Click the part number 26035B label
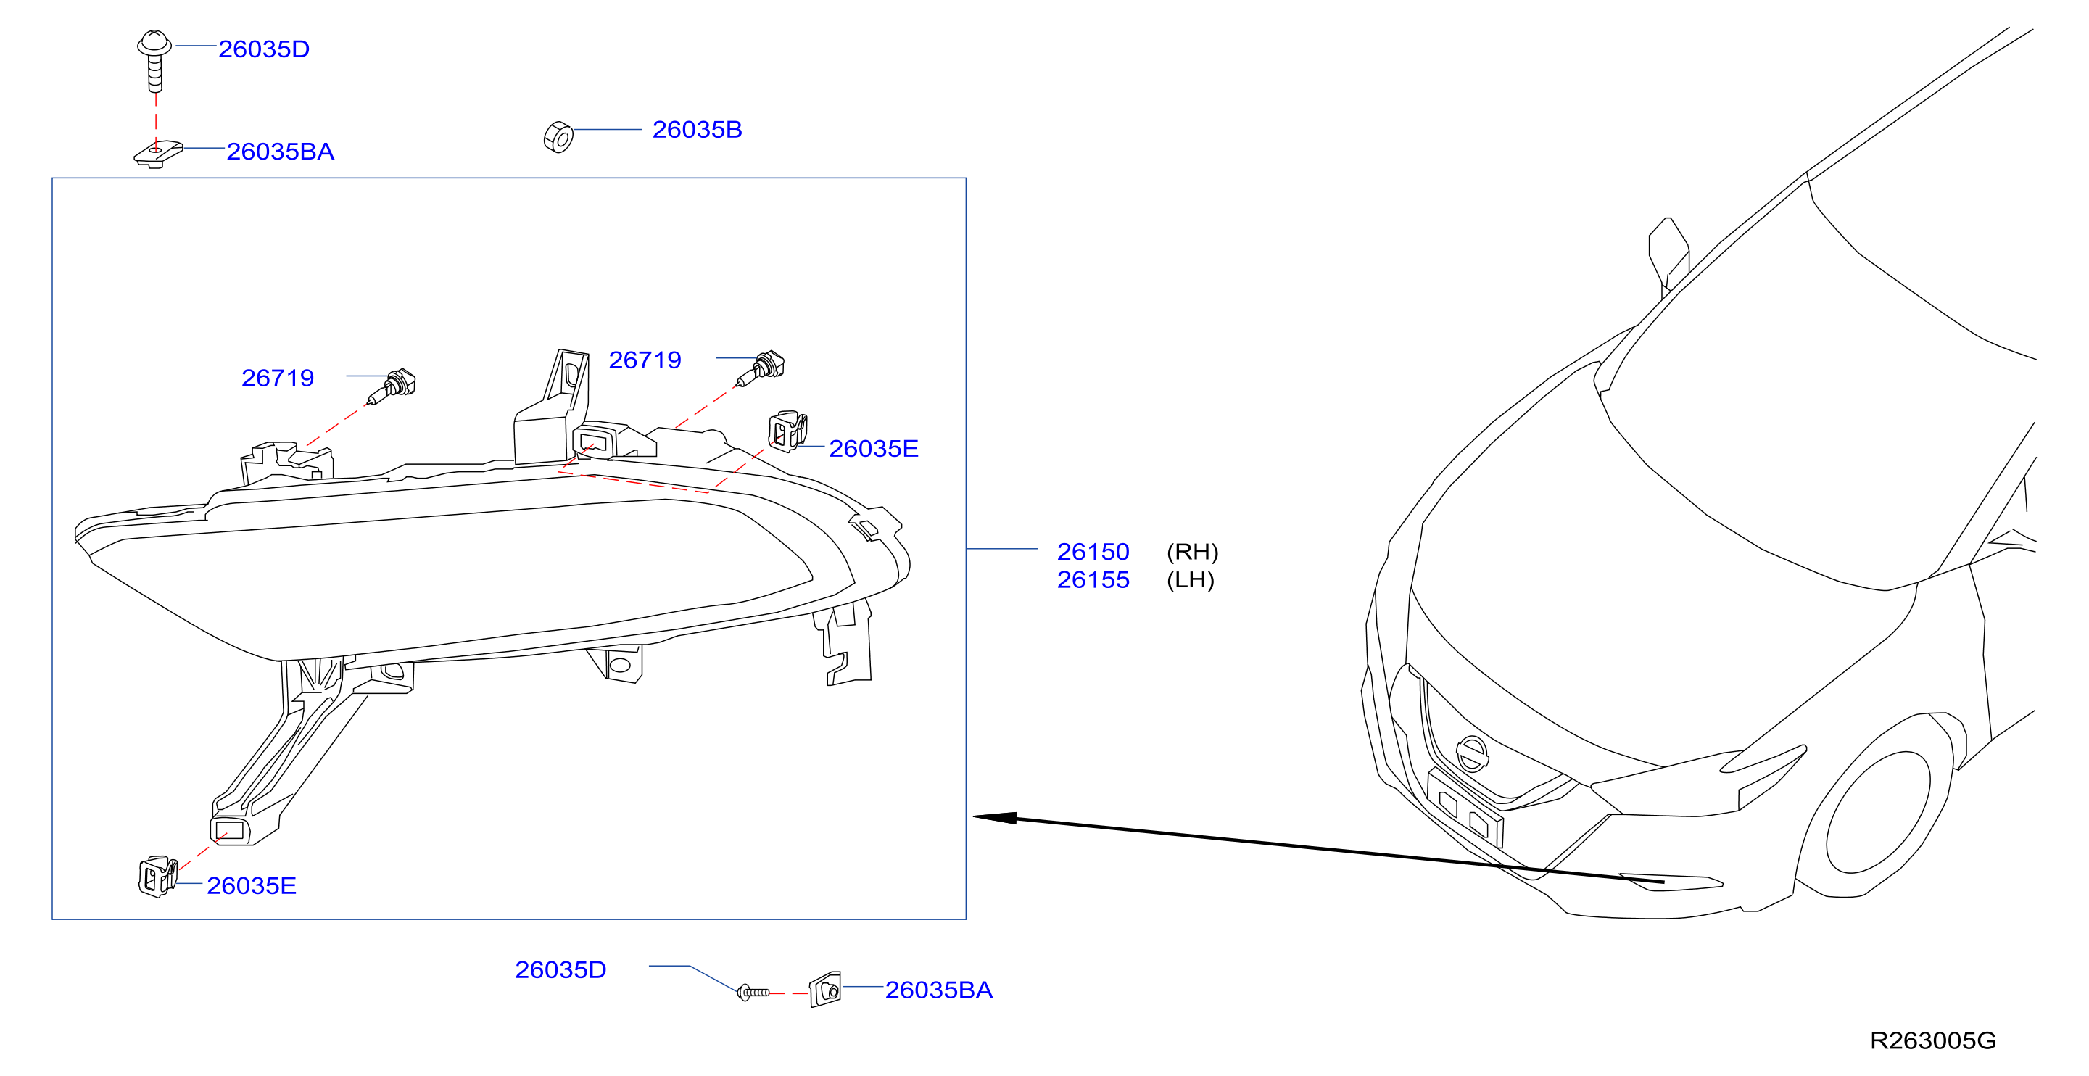(697, 130)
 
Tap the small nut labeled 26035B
(559, 137)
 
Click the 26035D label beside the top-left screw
(263, 49)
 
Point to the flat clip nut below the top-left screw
(158, 153)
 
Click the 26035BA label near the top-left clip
(280, 152)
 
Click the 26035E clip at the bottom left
(157, 877)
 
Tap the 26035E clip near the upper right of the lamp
(787, 431)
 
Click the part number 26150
(1092, 553)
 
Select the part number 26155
(1092, 581)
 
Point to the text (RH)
(1192, 553)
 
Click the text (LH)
(1190, 581)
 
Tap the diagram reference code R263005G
(1932, 1040)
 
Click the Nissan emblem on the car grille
(1472, 754)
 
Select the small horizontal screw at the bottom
(753, 992)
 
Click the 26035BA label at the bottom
(938, 990)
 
